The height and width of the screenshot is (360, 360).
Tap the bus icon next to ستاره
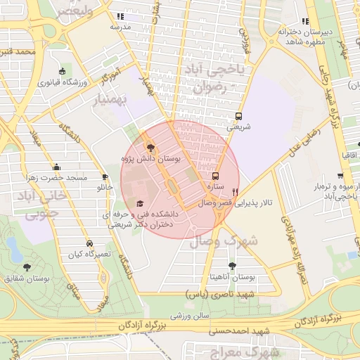click(x=215, y=176)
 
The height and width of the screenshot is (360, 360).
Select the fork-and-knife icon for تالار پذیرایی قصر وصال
click(x=236, y=191)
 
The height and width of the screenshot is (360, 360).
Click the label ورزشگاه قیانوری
click(x=62, y=82)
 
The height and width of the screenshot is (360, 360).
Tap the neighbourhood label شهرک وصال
click(x=223, y=241)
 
